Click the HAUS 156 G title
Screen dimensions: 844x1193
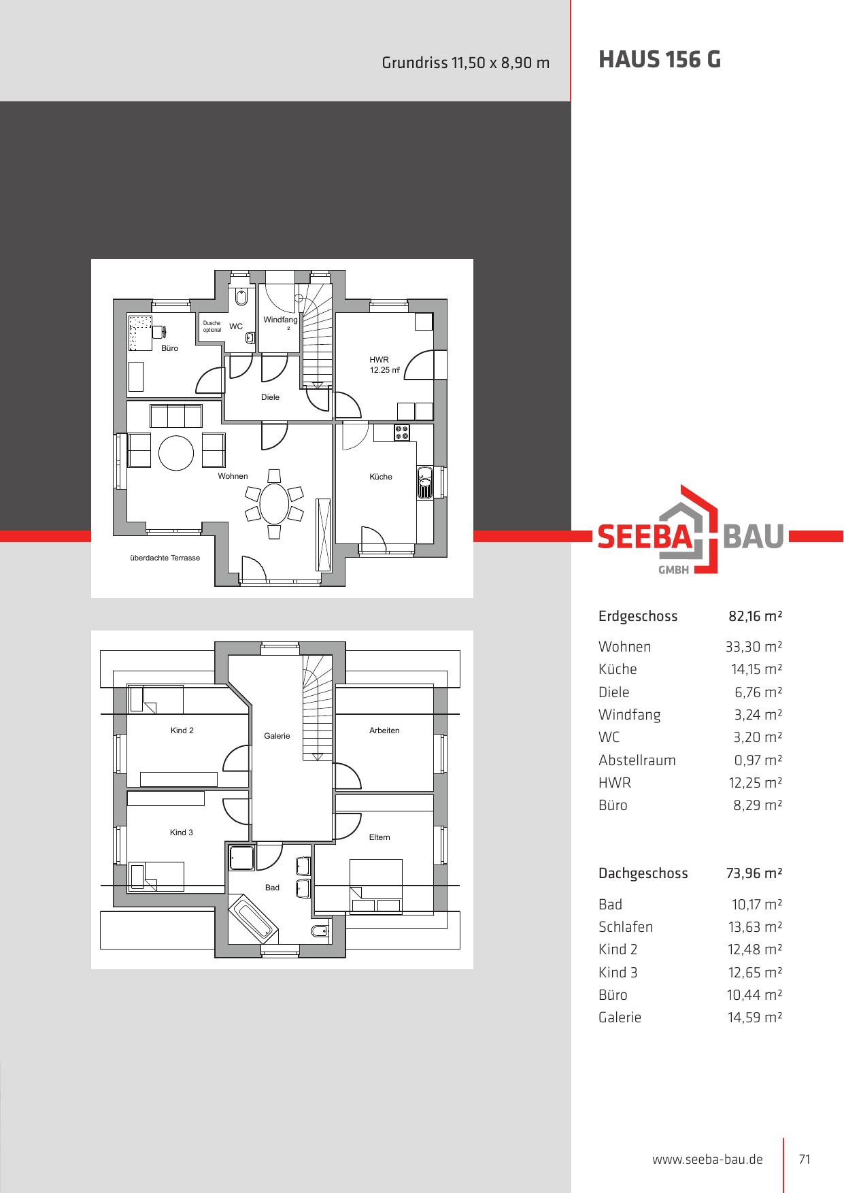(x=660, y=60)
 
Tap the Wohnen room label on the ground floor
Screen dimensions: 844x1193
(x=233, y=476)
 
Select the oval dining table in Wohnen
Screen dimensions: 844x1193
(x=274, y=503)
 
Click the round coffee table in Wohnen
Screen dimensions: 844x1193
(x=176, y=452)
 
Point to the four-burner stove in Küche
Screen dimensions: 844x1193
(x=401, y=432)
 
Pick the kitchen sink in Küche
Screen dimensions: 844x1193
(x=425, y=483)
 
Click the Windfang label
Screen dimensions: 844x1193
(x=280, y=320)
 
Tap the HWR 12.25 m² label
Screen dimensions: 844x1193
(x=384, y=365)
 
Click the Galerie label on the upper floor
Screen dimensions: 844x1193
(x=277, y=736)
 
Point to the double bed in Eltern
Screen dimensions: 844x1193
(x=375, y=886)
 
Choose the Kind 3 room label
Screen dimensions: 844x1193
(x=182, y=833)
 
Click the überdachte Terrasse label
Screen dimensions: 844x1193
(x=165, y=558)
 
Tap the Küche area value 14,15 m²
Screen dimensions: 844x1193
(x=756, y=669)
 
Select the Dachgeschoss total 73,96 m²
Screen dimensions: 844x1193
(x=754, y=873)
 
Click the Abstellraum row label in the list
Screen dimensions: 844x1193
(x=637, y=760)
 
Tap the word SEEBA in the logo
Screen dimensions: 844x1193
(x=644, y=537)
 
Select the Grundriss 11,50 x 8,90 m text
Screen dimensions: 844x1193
(x=466, y=63)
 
